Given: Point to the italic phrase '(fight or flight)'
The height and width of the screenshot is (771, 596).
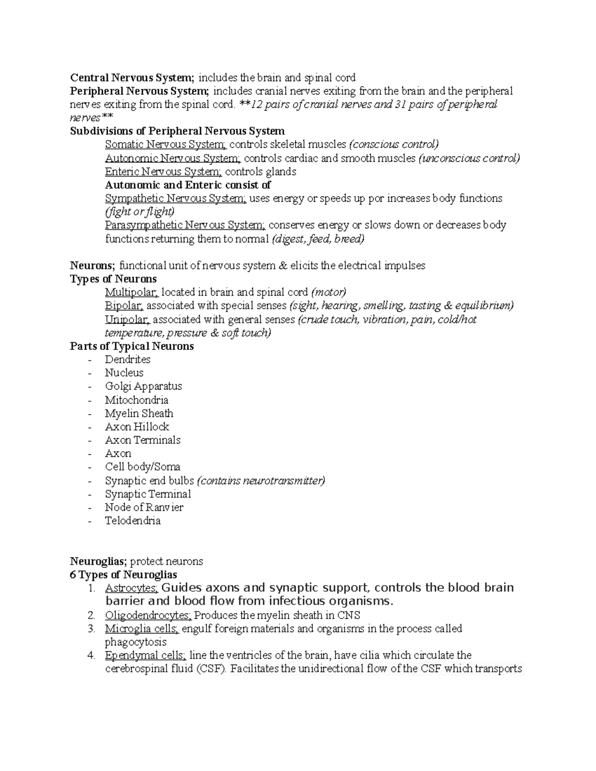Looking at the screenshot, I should (x=140, y=212).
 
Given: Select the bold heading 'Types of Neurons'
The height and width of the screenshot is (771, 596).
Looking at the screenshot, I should (x=113, y=279).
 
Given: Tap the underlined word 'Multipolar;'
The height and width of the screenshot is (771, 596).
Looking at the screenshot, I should (x=132, y=292).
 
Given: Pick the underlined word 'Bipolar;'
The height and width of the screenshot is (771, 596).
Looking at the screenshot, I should (x=124, y=306).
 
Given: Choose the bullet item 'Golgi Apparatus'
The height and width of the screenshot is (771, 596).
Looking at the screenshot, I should (x=143, y=386).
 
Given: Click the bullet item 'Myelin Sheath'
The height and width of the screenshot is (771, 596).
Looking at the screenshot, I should (x=139, y=413).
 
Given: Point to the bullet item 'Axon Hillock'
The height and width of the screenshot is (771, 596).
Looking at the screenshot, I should (x=137, y=426).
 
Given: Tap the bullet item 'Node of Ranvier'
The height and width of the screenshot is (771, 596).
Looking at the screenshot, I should (x=144, y=507).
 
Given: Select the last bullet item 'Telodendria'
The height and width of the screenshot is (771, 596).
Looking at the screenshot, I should (x=133, y=521).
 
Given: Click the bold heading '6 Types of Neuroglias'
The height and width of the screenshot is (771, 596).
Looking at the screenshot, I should (x=124, y=575).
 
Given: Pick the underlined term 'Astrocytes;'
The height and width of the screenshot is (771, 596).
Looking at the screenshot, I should (x=132, y=588).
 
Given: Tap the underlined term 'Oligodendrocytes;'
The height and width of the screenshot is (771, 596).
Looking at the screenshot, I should (x=148, y=616).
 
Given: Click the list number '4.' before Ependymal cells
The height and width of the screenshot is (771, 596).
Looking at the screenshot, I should (x=91, y=655).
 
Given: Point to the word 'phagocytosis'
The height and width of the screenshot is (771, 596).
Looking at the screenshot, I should (x=136, y=642).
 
